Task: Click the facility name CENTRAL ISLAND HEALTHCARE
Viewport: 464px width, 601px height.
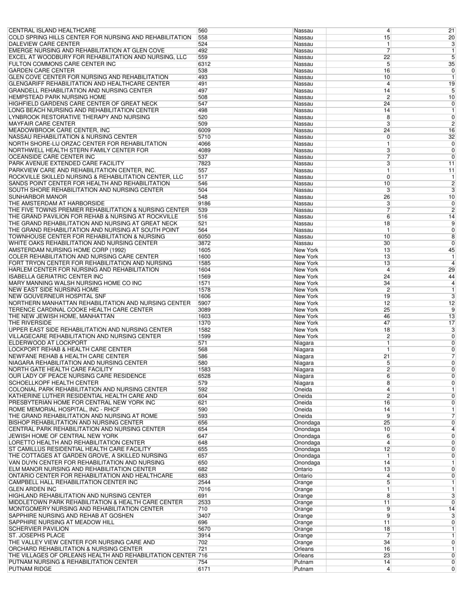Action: point(52,31)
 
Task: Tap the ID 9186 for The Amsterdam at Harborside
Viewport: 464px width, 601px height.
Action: point(204,203)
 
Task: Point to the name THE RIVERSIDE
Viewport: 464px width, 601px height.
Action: point(30,323)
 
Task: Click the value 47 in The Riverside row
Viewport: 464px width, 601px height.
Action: point(386,323)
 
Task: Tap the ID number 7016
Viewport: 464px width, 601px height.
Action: point(204,489)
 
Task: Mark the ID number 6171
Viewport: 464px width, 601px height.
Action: point(204,569)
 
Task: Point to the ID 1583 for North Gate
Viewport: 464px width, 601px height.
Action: point(204,369)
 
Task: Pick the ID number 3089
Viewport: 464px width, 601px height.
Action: point(204,310)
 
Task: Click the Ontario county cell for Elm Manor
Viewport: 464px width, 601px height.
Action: point(303,469)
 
